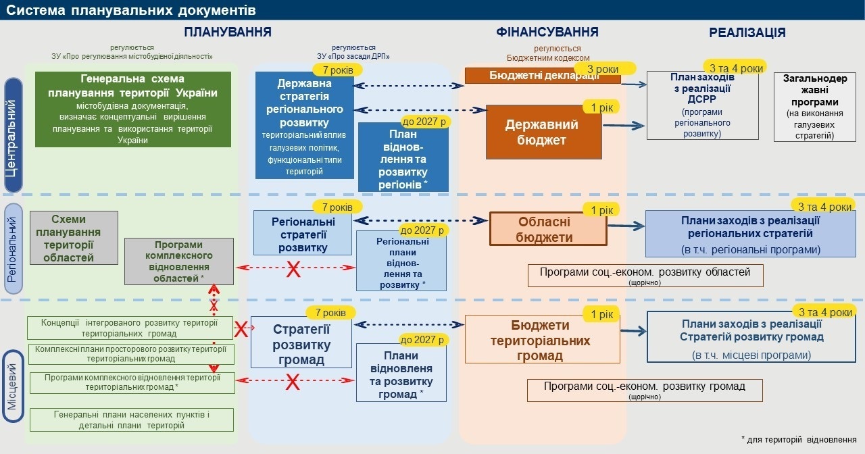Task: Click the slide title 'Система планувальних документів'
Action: [x=131, y=9]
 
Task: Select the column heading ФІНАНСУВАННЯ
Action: [x=547, y=32]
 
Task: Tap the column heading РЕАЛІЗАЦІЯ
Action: [x=747, y=32]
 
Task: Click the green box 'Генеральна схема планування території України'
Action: [x=133, y=109]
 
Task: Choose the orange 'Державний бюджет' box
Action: [x=543, y=132]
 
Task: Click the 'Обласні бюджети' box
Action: [x=548, y=229]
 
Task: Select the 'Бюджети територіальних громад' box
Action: [x=543, y=340]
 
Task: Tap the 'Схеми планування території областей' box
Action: [x=74, y=238]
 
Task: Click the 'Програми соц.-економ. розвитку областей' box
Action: [x=645, y=275]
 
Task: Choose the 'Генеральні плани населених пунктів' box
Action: [x=131, y=420]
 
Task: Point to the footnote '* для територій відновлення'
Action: [x=799, y=440]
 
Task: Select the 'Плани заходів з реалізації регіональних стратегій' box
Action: [x=750, y=234]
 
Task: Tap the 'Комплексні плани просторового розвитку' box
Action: [x=131, y=354]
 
